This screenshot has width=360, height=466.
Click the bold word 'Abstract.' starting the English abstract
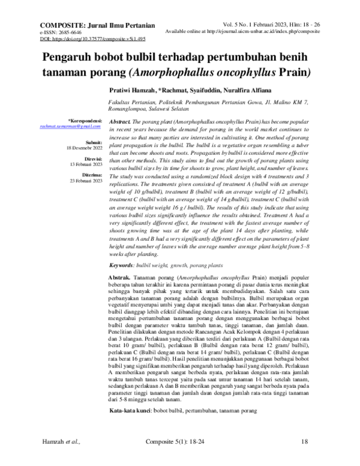point(122,121)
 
